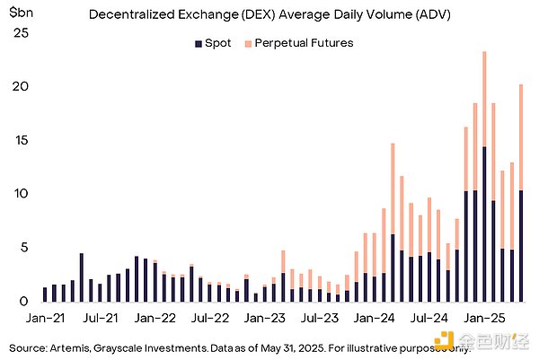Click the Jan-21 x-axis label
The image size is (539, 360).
coord(46,318)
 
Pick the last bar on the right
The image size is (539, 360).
coord(521,198)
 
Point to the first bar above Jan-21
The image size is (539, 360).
coord(46,294)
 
